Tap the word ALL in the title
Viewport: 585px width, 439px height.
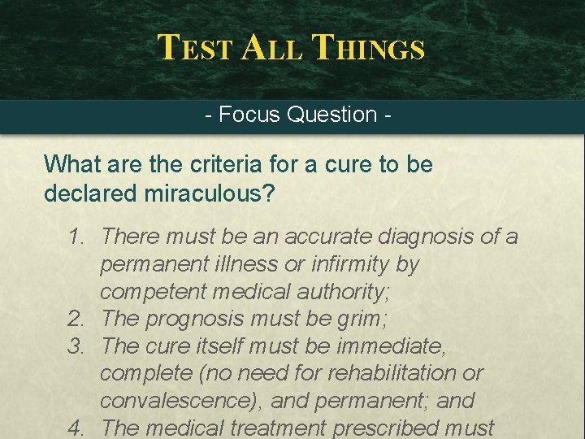(272, 48)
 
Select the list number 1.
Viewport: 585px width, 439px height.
(76, 237)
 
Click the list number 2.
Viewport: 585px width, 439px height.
(76, 319)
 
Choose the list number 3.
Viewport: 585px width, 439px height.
(76, 346)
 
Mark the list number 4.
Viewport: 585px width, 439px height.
(76, 428)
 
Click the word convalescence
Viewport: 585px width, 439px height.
(178, 401)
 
